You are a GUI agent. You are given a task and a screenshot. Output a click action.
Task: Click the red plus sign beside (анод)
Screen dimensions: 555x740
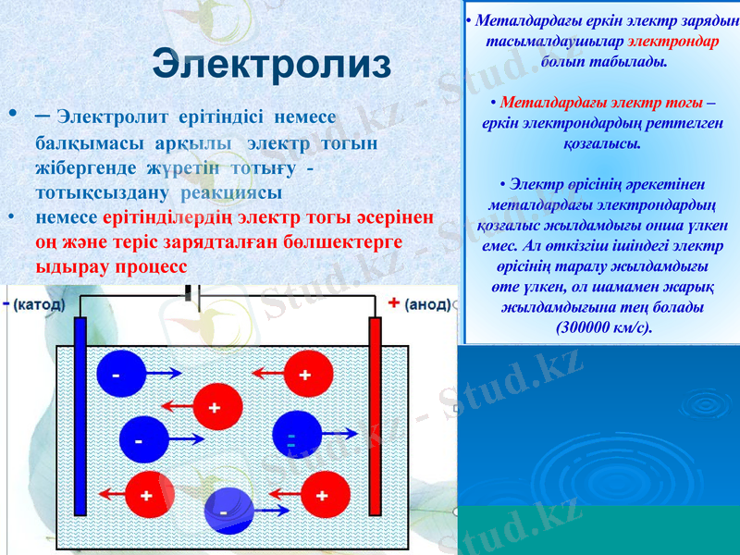[394, 303]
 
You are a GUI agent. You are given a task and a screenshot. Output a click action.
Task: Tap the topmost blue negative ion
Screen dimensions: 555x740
[120, 374]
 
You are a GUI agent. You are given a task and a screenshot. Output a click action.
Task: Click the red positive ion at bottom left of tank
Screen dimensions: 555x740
[148, 494]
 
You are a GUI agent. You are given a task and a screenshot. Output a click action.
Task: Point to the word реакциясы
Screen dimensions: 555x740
[232, 192]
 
